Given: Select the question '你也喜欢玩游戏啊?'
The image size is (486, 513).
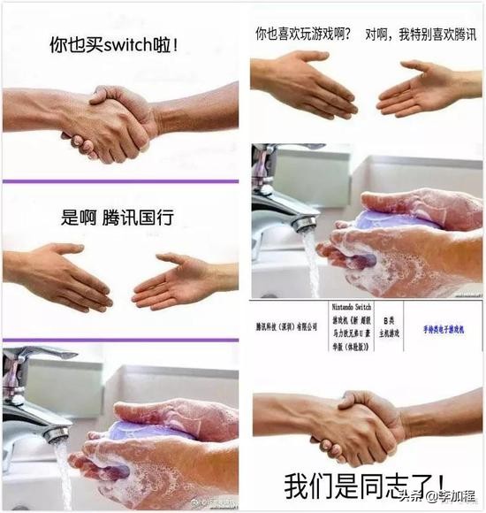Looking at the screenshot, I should tap(303, 34).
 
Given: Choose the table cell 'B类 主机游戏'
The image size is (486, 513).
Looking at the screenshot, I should tap(391, 328).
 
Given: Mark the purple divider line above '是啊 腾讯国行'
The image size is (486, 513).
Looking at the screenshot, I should tap(120, 181).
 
